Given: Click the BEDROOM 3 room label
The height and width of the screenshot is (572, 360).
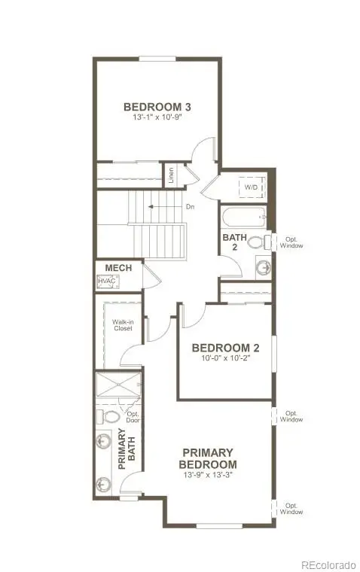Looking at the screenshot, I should point(157,106).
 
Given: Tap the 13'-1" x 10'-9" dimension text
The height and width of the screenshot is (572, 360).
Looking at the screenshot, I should point(157,117).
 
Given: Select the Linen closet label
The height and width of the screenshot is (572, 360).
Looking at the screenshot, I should point(172,176).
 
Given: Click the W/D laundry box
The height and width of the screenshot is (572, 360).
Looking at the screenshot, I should point(249,186).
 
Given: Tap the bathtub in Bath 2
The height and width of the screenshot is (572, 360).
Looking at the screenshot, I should point(243,219).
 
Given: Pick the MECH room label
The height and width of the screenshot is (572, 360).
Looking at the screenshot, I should point(118,267).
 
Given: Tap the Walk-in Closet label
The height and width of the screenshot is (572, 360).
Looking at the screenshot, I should point(123,325).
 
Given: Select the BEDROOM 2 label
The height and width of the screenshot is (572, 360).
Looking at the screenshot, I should point(225,348).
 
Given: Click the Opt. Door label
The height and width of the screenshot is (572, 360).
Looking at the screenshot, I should point(134,418).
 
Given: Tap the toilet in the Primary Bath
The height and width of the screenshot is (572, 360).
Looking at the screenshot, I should point(110,415).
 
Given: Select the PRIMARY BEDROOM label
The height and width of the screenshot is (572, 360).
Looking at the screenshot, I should point(209,458).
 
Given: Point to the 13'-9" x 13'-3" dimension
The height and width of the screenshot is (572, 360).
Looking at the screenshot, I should point(209,476).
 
